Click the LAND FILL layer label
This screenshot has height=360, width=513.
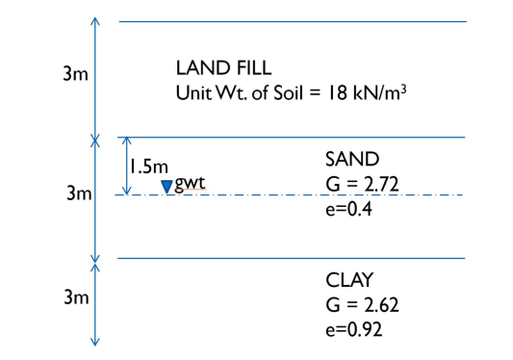223,69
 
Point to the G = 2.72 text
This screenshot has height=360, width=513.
363,183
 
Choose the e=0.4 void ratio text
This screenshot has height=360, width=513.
348,207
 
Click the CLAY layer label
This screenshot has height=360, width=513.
350,281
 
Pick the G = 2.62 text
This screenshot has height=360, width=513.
363,305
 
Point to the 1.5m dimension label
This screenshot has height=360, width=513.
149,166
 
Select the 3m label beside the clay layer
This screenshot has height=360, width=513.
75,297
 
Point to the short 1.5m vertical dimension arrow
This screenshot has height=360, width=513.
126,166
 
